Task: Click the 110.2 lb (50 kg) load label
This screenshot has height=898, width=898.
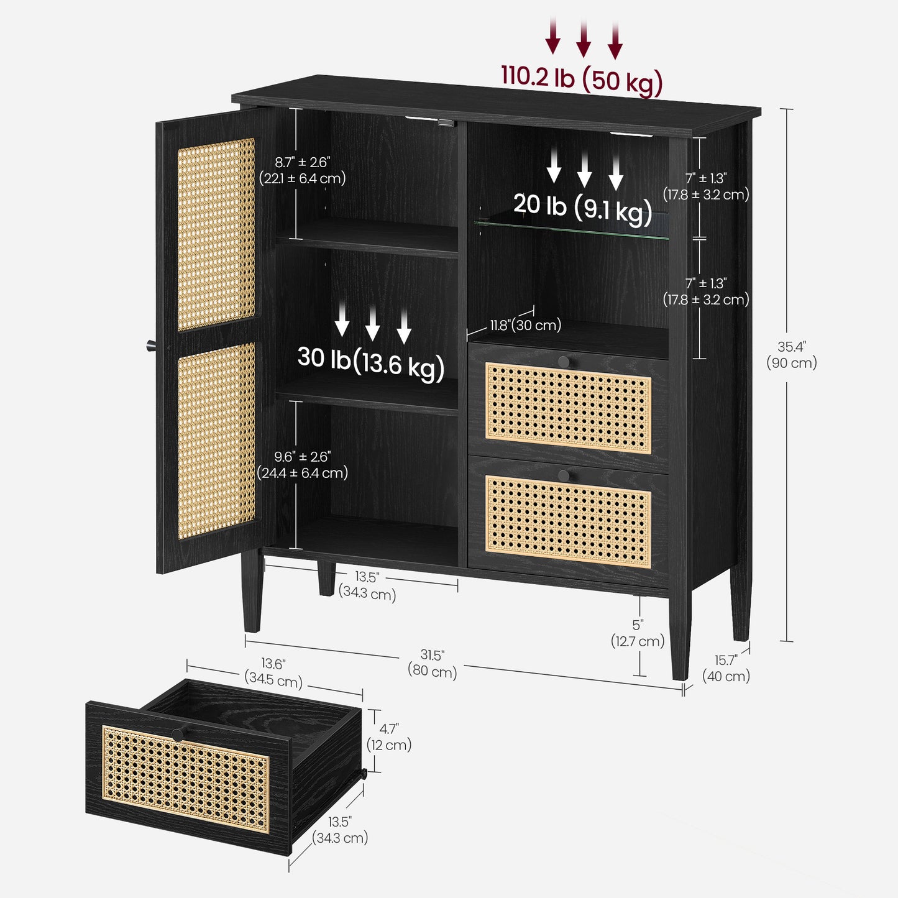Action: (582, 82)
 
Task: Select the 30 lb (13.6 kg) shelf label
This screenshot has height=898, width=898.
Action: (371, 364)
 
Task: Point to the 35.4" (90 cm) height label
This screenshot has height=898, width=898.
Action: (792, 355)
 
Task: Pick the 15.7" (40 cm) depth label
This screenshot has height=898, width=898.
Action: (726, 668)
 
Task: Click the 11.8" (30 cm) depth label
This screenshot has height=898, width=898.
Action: (525, 325)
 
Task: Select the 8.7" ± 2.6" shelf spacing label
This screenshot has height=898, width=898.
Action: (303, 170)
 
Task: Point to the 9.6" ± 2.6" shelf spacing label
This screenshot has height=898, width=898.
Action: (303, 465)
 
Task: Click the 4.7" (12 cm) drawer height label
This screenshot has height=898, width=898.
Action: (389, 736)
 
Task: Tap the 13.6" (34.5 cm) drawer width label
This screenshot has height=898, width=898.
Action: (273, 673)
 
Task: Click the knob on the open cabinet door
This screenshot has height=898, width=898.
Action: (152, 346)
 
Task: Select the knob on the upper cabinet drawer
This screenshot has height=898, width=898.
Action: (564, 361)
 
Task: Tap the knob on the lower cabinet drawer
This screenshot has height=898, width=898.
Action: (564, 475)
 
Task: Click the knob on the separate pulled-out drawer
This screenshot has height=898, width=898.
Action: (178, 734)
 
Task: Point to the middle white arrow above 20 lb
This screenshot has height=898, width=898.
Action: (584, 170)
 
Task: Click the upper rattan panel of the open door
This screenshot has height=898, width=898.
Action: (216, 234)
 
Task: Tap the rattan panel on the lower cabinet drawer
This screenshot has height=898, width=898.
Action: (568, 521)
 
